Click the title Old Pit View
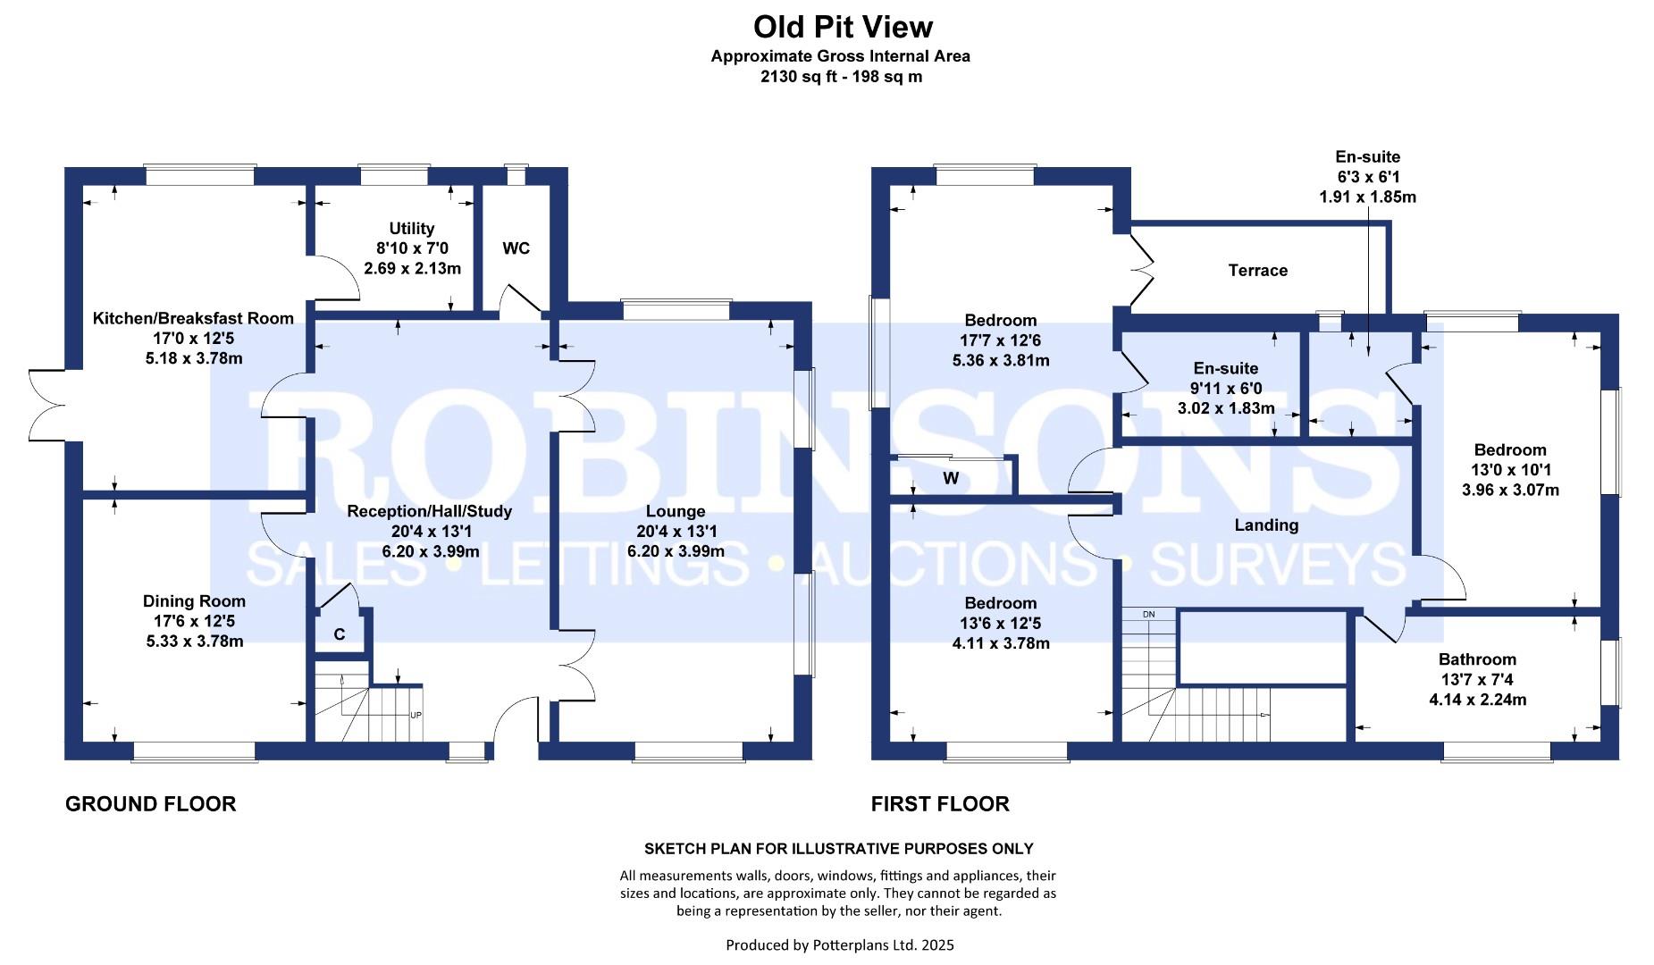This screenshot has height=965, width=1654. pos(843,28)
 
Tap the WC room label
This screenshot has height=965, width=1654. pos(516,248)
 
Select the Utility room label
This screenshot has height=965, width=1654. pos(412,229)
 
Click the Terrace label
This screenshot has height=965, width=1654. pos(1257,270)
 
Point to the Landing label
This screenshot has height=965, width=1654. pos(1266,524)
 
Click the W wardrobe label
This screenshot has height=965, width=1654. pos(951,478)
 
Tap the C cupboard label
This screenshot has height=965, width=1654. pos(340,634)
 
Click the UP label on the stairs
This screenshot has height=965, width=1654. pos(416,715)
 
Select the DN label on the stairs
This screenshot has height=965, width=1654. pos(1149,614)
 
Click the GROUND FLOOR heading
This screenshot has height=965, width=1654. pos(151,804)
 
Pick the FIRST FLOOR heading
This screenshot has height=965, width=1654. pos(940,804)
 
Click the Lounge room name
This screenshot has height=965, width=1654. pos(676,511)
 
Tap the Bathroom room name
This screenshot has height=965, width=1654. pos(1477,659)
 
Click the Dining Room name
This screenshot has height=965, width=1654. pos(194,601)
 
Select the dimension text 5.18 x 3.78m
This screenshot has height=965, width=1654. pos(194,358)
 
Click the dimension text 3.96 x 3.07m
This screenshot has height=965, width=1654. pos(1510,490)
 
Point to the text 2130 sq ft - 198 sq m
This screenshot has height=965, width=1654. pos(841,77)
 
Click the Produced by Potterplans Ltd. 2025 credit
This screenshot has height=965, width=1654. pos(840,944)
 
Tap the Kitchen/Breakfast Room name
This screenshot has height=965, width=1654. pos(193,318)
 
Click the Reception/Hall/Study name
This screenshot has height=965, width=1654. pos(430,511)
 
